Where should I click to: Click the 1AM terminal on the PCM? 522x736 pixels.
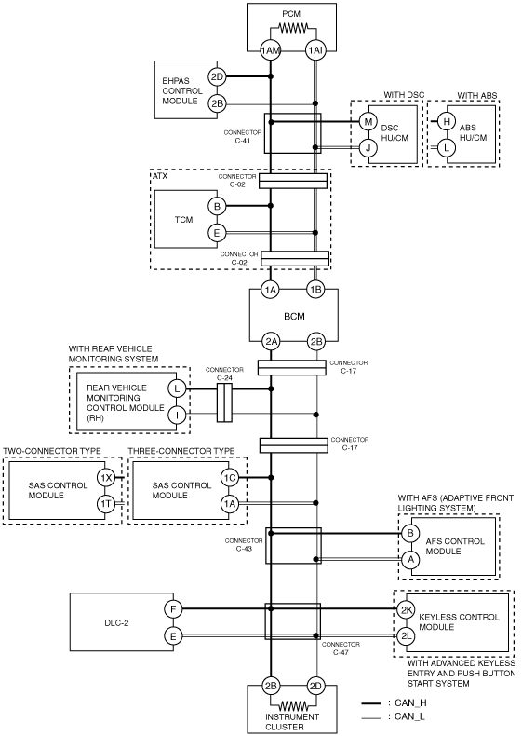pyautogui.click(x=270, y=50)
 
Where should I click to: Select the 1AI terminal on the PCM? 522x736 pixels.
pyautogui.click(x=315, y=50)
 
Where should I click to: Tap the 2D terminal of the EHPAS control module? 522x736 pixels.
pyautogui.click(x=217, y=76)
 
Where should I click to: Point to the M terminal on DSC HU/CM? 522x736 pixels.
pyautogui.click(x=368, y=122)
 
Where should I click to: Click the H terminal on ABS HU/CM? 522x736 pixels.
pyautogui.click(x=447, y=122)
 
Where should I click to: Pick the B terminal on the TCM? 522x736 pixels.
pyautogui.click(x=217, y=206)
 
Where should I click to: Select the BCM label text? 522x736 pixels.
pyautogui.click(x=294, y=317)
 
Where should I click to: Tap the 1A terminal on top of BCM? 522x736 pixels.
pyautogui.click(x=270, y=290)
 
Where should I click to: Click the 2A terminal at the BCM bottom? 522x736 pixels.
pyautogui.click(x=271, y=342)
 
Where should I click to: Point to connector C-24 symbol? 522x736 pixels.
pyautogui.click(x=224, y=402)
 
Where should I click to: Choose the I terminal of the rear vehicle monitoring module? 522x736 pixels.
pyautogui.click(x=177, y=415)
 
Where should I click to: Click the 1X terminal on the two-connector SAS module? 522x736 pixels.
pyautogui.click(x=105, y=478)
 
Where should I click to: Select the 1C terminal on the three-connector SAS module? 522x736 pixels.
pyautogui.click(x=229, y=478)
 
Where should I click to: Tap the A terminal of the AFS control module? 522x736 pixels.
pyautogui.click(x=410, y=559)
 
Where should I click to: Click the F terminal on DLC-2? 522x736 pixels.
pyautogui.click(x=173, y=609)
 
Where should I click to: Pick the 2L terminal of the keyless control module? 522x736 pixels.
pyautogui.click(x=406, y=636)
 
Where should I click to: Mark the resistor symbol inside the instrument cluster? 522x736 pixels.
pyautogui.click(x=293, y=705)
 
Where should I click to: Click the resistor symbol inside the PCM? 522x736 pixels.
pyautogui.click(x=293, y=28)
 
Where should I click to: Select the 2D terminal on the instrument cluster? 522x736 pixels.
pyautogui.click(x=315, y=687)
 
